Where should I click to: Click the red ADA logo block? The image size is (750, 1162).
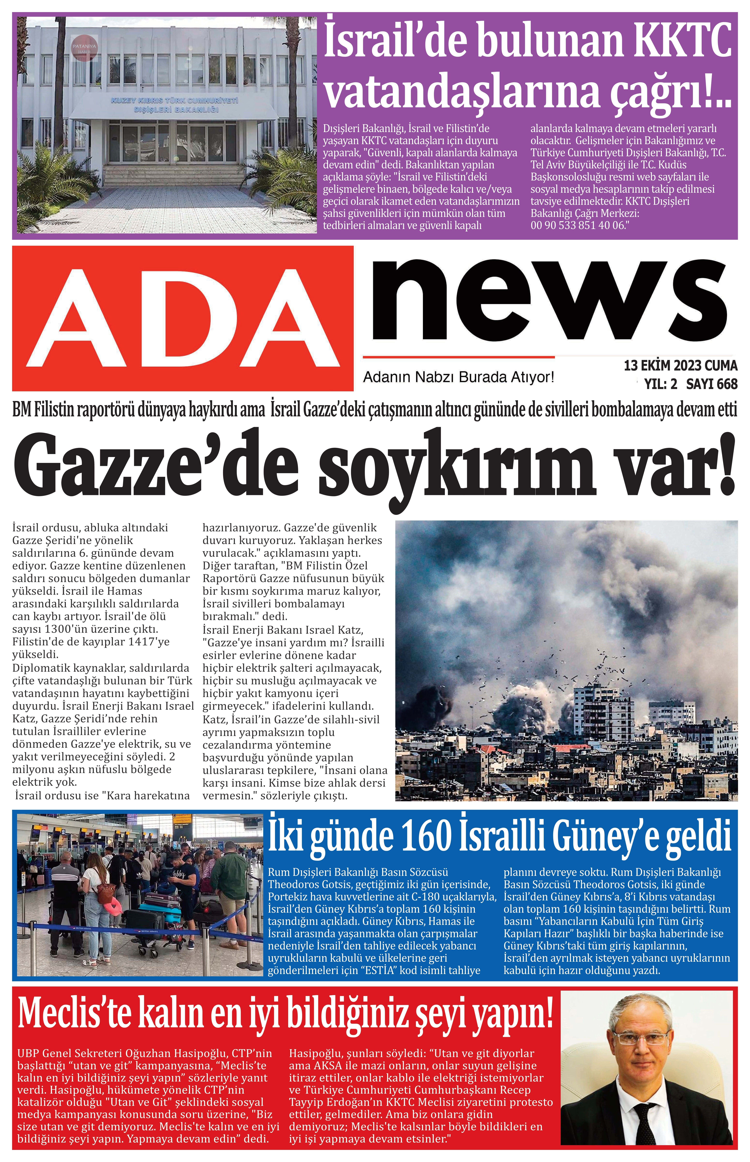click(183, 318)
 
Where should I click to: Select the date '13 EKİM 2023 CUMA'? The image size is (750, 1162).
click(680, 365)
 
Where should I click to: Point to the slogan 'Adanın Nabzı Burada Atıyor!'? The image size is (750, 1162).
click(459, 377)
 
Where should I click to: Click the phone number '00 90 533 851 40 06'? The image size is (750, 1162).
click(577, 225)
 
